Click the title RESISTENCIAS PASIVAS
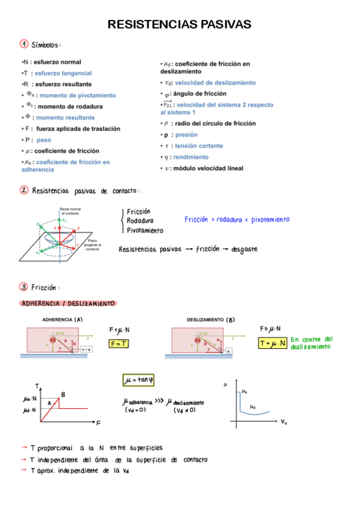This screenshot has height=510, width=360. click(179, 25)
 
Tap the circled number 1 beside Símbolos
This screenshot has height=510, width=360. click(24, 44)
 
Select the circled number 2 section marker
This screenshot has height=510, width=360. click(24, 191)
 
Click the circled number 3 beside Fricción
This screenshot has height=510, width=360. click(24, 287)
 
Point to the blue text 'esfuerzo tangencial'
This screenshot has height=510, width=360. click(63, 73)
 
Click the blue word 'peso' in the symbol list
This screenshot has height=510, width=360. click(44, 140)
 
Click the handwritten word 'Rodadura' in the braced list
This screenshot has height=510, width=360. click(139, 220)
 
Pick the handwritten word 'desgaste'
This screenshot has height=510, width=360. click(240, 249)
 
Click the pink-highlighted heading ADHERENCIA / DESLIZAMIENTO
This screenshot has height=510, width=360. click(68, 304)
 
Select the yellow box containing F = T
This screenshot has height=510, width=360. click(118, 343)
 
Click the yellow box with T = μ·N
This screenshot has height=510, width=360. click(272, 343)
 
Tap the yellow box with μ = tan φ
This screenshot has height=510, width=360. click(139, 380)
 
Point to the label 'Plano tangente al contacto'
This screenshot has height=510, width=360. click(93, 245)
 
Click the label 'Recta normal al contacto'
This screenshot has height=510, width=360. click(70, 211)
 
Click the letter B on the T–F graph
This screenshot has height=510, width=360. click(63, 394)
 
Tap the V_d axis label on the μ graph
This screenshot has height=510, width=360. click(284, 423)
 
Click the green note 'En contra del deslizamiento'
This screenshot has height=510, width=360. click(311, 343)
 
